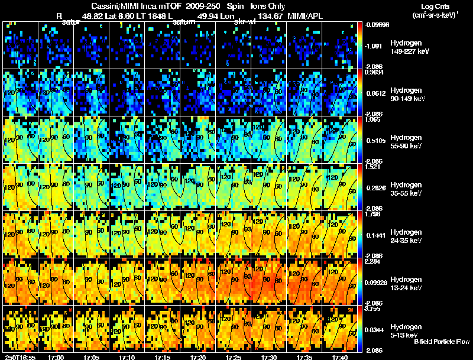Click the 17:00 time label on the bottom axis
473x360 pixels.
click(x=56, y=356)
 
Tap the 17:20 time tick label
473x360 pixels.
click(x=198, y=356)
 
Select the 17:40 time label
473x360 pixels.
click(x=340, y=356)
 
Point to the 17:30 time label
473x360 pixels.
click(x=269, y=356)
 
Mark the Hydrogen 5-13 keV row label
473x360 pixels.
click(x=406, y=330)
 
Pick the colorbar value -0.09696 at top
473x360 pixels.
click(x=377, y=25)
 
